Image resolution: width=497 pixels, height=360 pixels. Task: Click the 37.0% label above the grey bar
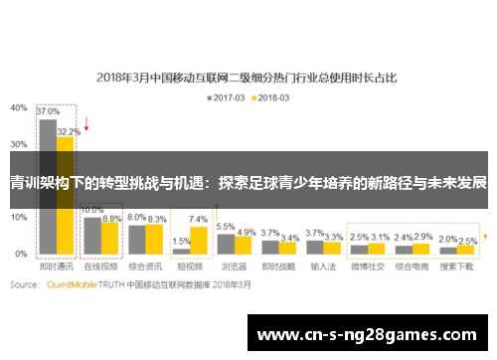coord(47,112)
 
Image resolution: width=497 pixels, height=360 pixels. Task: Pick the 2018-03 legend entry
coord(271,97)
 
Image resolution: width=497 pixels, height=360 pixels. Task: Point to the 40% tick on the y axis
coord(19,106)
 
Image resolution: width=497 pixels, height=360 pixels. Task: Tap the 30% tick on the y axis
coord(19,143)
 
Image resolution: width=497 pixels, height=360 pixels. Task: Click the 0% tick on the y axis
coord(21,255)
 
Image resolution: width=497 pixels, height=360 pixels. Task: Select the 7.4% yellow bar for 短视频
coord(197,240)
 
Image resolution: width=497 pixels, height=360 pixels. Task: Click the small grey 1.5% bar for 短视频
coord(180,251)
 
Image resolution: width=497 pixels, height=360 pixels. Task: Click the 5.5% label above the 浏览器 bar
coord(226,227)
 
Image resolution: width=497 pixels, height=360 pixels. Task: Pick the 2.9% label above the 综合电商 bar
coord(422,237)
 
